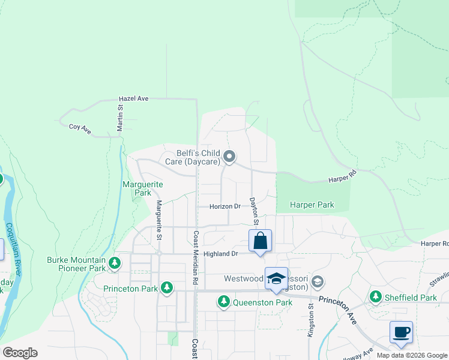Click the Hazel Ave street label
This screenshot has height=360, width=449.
(133, 98)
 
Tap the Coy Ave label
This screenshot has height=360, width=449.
(79, 127)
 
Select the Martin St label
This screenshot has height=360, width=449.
(120, 116)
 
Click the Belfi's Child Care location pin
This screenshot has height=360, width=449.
(229, 157)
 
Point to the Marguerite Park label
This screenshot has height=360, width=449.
(136, 188)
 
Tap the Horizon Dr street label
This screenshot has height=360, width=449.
(224, 206)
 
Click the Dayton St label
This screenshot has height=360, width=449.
(254, 211)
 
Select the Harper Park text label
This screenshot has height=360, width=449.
(312, 205)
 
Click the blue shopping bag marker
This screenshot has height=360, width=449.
(260, 241)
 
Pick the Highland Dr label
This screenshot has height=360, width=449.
(221, 254)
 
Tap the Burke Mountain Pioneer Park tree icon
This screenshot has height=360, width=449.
(114, 263)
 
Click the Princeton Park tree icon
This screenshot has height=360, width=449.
(166, 289)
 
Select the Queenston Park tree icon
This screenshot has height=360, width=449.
(224, 301)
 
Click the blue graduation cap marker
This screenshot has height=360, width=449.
(276, 278)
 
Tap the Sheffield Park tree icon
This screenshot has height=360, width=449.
(376, 296)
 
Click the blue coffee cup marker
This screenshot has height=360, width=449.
(401, 332)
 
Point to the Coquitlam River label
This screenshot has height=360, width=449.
(13, 249)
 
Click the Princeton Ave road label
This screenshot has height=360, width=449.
(337, 310)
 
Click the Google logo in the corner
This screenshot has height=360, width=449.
(20, 353)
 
